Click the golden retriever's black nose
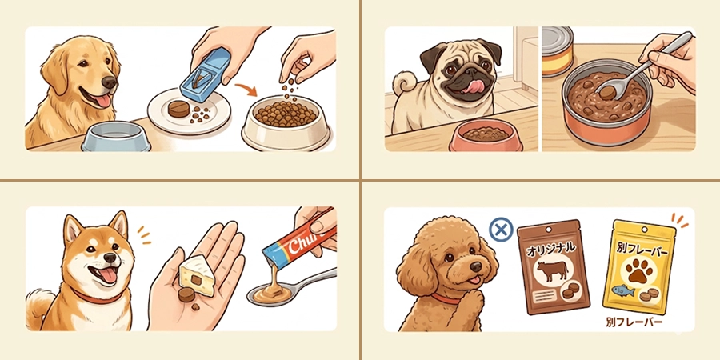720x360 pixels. (x=110, y=82)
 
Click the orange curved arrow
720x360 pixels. (x=246, y=89)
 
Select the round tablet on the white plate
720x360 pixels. (x=178, y=110)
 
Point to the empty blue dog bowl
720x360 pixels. (x=116, y=136)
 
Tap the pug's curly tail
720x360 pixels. (x=402, y=83)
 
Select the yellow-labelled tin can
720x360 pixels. (x=558, y=52)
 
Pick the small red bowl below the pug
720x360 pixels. (x=486, y=135)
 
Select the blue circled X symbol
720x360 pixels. (x=501, y=229)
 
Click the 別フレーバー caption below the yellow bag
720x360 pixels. (x=634, y=322)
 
